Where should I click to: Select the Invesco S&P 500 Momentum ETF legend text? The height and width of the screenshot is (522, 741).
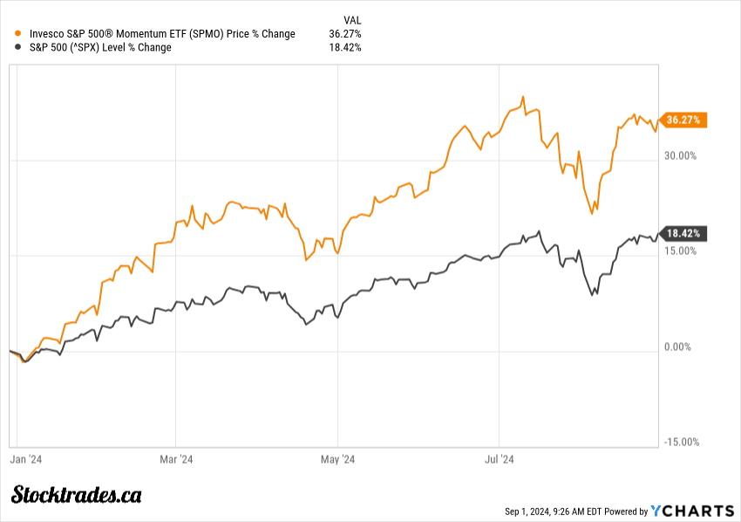(162, 34)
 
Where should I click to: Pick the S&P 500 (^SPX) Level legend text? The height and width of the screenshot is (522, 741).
(100, 47)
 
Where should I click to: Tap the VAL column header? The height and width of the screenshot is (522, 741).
(352, 19)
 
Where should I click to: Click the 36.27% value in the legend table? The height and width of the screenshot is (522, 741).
(345, 34)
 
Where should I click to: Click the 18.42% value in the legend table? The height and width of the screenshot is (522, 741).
(345, 47)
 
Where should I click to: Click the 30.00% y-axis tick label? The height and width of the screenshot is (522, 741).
(681, 156)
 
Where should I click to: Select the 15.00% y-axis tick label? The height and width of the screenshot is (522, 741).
(681, 251)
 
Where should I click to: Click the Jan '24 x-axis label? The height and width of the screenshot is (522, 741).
(26, 458)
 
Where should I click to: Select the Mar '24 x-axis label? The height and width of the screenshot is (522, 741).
(176, 458)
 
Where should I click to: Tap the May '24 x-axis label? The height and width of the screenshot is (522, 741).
(337, 458)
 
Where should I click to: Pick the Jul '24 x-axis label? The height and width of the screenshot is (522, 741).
(499, 458)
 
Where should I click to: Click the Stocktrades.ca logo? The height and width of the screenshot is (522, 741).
(77, 494)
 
